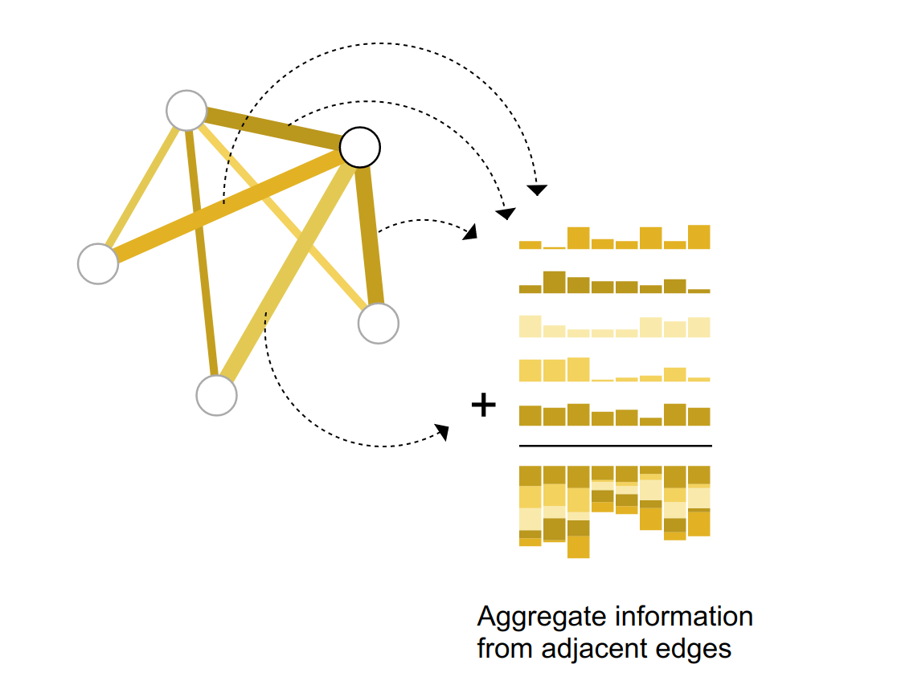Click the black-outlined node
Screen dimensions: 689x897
coord(359,147)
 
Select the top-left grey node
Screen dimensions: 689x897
coord(186,110)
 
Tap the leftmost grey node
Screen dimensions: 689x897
coord(98,263)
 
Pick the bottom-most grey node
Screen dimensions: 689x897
coord(216,395)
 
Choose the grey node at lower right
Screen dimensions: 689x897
coord(378,324)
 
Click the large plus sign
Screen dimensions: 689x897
coord(483,406)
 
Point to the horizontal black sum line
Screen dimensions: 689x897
coord(615,445)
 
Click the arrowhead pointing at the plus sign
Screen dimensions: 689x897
coord(442,432)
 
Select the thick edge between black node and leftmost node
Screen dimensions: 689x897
coord(225,206)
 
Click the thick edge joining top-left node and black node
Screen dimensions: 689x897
coord(273,128)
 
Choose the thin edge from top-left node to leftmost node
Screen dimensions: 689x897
coord(143,185)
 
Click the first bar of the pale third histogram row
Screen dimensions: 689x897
coord(530,326)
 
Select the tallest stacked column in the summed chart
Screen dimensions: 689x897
coord(578,512)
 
